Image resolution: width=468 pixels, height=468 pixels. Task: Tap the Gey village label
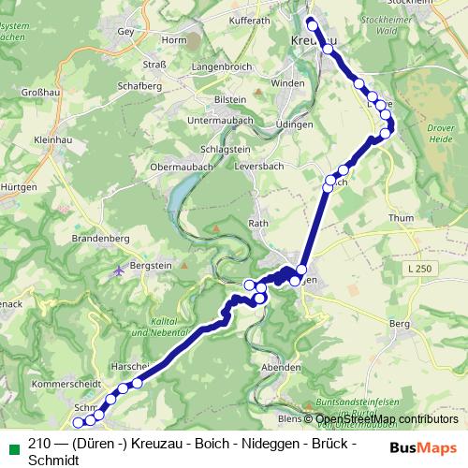[126, 30]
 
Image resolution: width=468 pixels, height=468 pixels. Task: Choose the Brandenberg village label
[99, 239]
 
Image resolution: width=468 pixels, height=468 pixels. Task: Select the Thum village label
[400, 218]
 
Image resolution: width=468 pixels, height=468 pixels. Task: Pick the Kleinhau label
[28, 139]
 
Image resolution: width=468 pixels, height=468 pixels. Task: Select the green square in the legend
[11, 444]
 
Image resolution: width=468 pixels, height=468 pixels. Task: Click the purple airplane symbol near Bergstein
[119, 271]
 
